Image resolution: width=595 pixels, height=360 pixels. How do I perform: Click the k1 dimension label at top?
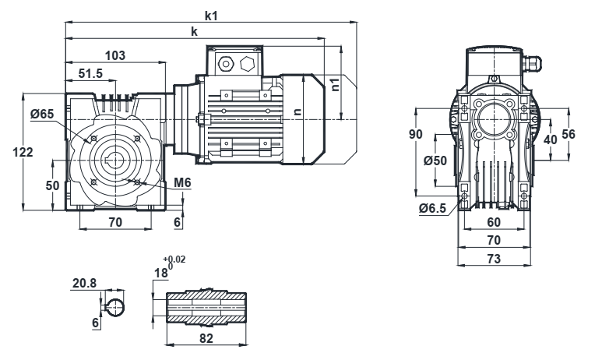[x=211, y=16]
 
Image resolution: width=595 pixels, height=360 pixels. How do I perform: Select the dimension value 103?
[x=115, y=56]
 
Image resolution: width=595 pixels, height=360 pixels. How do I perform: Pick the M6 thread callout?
[x=182, y=182]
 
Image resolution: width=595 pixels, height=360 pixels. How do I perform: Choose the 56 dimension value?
[x=569, y=134]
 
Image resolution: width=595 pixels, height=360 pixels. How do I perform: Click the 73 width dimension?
[x=492, y=257]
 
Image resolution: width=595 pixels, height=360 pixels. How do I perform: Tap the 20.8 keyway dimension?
[x=84, y=284]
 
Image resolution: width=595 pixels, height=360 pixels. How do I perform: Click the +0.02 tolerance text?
[x=174, y=259]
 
